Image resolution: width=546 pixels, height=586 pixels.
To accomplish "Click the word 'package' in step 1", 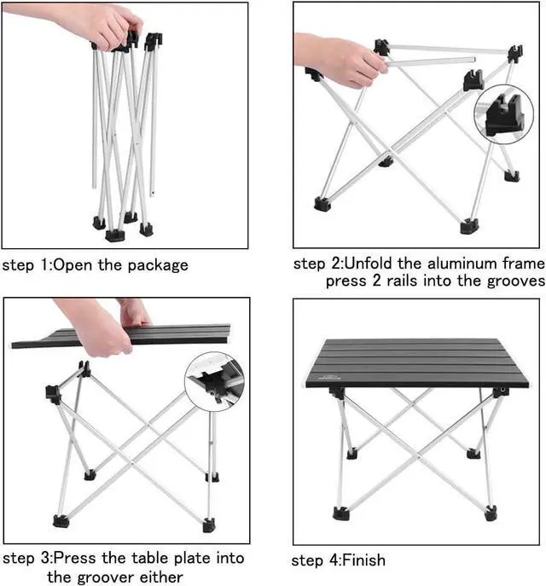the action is pos(158,266).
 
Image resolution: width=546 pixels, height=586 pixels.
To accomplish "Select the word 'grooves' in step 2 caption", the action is pos(516,281).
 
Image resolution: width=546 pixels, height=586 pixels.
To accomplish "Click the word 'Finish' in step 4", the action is pos(363,560).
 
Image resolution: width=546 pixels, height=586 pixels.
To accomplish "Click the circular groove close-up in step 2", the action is pos(503,114).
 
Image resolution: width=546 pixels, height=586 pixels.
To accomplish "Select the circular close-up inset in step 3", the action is pos(214,381).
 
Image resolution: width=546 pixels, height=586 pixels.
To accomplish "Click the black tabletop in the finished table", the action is pos(416,363).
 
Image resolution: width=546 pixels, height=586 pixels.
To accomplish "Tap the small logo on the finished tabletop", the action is pos(329,377).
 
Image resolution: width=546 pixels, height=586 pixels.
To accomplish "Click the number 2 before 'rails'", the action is pos(376,281).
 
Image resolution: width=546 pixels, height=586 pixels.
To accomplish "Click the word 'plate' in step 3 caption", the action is pos(192,559).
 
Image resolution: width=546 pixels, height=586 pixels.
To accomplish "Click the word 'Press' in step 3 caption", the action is pos(74,559).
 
